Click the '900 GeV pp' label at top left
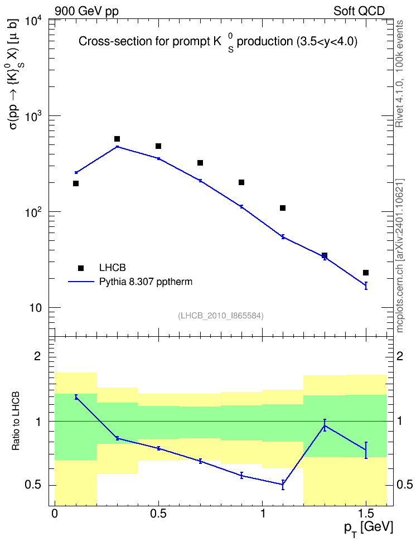pos(86,11)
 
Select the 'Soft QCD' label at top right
pos(359,11)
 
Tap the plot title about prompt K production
pos(218,42)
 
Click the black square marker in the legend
pos(81,268)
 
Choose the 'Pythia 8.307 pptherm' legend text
pos(146,282)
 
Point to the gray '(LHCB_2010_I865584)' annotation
pos(221,316)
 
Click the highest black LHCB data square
pos(117,139)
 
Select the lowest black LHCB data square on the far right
pos(366,273)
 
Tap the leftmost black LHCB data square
pos(76,183)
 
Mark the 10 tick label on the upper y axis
pos(35,308)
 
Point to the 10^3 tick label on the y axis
pos(34,118)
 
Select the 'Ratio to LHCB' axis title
pos(16,421)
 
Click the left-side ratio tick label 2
pos(37,356)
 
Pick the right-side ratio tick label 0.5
pos(404,485)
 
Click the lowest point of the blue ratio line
pos(283,484)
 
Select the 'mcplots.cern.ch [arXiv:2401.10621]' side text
pos(400,256)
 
